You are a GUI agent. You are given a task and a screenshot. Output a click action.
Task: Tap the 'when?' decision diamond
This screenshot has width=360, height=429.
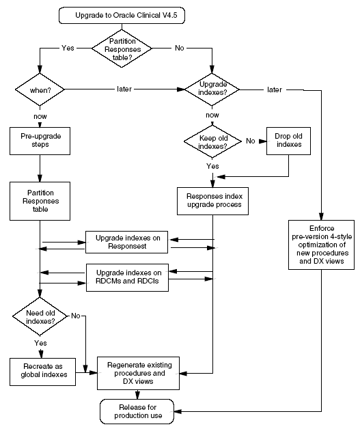tap(40, 89)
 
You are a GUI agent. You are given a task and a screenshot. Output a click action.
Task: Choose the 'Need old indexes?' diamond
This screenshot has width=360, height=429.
tap(40, 317)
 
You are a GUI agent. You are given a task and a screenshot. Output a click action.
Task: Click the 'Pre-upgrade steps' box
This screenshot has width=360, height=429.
tap(40, 141)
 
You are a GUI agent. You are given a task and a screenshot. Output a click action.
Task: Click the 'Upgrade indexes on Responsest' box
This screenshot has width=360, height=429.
tap(128, 240)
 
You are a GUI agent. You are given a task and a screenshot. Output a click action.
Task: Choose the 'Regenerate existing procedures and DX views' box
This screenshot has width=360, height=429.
tap(139, 373)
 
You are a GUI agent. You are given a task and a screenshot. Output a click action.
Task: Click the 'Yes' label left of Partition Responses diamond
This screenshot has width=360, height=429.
tap(68, 49)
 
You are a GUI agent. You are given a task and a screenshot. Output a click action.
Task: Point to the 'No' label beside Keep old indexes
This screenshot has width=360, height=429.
tap(251, 141)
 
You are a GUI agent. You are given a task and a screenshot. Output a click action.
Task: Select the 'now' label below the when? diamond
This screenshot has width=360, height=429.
tap(40, 116)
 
